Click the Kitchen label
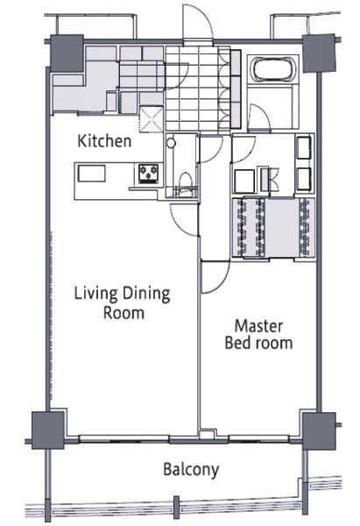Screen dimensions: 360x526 coord(104,141)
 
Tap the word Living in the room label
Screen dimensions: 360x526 coord(95,294)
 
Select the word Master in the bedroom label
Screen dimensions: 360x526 coord(258,326)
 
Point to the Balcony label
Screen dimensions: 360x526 coord(191,469)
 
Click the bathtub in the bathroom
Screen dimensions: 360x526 coord(273,69)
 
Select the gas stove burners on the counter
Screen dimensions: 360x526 coord(149,173)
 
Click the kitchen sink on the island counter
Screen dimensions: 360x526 coord(92,174)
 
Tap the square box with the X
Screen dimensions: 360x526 coord(152,119)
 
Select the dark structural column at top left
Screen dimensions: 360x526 coord(67,53)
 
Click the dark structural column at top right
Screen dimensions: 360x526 coord(319,53)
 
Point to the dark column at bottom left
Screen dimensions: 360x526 coord(47,430)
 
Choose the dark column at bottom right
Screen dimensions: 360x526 coord(319,431)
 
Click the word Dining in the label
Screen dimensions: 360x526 coord(145,294)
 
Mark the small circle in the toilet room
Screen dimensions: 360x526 coord(172,143)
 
